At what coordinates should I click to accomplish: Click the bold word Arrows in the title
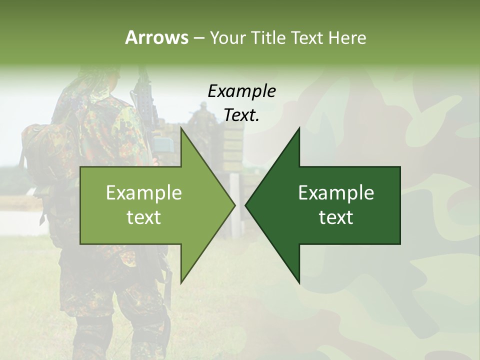tap(156, 37)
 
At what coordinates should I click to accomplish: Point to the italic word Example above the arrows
tap(241, 91)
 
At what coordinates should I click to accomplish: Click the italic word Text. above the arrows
tap(241, 115)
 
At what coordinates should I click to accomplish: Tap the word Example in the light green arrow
tap(143, 192)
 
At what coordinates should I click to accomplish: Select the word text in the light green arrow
tap(143, 217)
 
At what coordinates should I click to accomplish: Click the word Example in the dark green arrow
tap(336, 192)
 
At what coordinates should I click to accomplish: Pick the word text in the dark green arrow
tap(336, 217)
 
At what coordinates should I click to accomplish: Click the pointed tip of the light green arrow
tap(234, 205)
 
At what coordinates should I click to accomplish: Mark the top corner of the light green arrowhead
tap(181, 128)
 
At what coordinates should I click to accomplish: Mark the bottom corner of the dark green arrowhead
tap(299, 282)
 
